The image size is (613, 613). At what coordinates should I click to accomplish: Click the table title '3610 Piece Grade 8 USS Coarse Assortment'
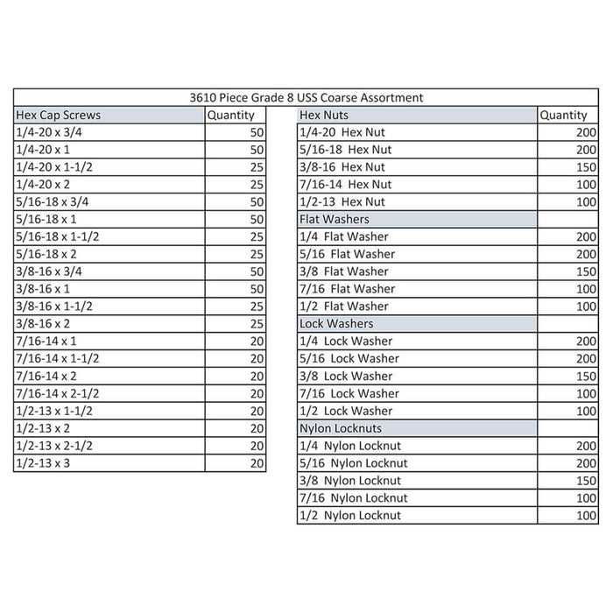[306, 97]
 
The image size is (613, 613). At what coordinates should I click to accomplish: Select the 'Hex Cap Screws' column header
[59, 115]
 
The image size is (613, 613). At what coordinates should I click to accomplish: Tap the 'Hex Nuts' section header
[324, 115]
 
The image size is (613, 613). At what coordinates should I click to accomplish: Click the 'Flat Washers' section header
[335, 219]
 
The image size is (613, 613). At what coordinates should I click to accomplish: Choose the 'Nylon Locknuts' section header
[341, 428]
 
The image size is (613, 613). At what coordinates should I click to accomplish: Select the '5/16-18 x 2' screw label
[47, 254]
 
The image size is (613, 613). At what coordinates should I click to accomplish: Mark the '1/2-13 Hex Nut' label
[342, 201]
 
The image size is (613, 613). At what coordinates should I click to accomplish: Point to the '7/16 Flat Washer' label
[347, 289]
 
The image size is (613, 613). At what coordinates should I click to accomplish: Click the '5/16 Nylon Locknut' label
[354, 463]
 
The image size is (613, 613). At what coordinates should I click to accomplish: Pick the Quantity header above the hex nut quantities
[564, 115]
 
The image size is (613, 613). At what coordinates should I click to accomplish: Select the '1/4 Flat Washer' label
[343, 236]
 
